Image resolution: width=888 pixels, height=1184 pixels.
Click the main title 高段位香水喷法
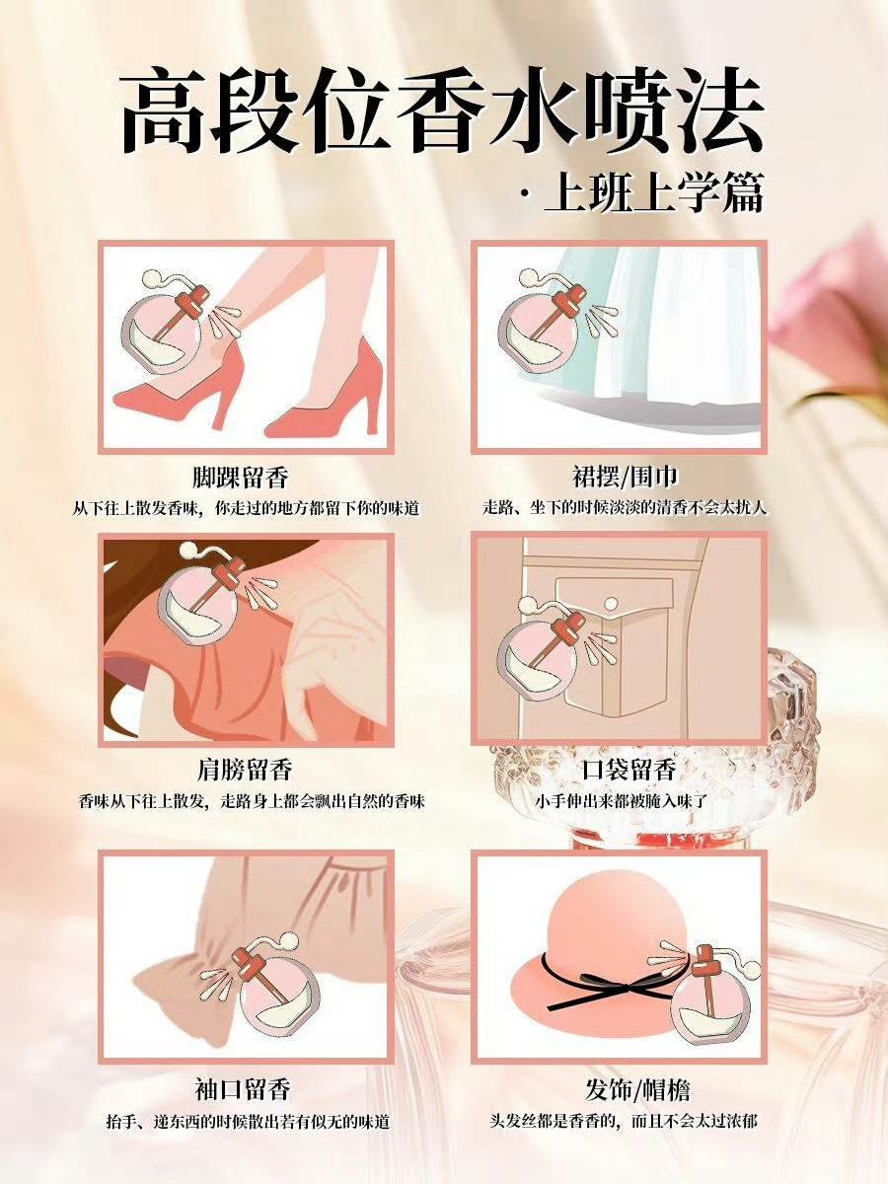pyautogui.click(x=442, y=111)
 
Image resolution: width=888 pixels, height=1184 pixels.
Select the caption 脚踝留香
pyautogui.click(x=241, y=478)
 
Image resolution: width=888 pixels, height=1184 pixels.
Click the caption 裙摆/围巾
pyautogui.click(x=625, y=477)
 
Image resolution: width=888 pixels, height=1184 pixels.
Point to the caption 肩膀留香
pyautogui.click(x=244, y=770)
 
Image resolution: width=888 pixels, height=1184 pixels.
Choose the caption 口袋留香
pyautogui.click(x=629, y=770)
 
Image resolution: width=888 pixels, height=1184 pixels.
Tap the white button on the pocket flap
pyautogui.click(x=611, y=604)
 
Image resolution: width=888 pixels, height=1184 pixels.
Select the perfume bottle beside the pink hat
pyautogui.click(x=706, y=993)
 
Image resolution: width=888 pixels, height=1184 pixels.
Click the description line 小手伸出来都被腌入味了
pyautogui.click(x=621, y=800)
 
